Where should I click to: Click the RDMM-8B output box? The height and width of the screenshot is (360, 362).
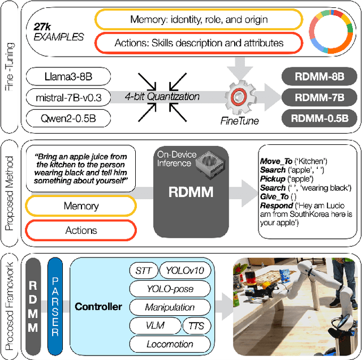point(320,76)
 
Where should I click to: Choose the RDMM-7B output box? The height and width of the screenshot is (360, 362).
point(320,97)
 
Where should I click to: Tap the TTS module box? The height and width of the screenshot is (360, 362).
point(196,325)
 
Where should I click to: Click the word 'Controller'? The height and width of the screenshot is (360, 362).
point(98,307)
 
